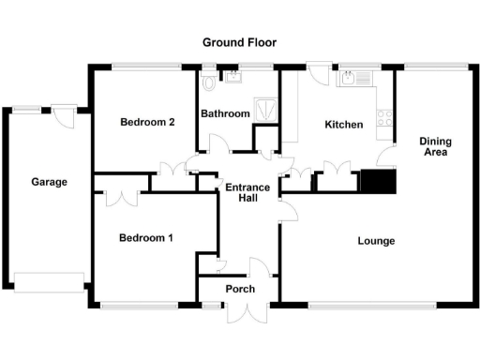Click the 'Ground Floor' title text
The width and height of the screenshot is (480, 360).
(240, 42)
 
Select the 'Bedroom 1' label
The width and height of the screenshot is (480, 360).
(145, 238)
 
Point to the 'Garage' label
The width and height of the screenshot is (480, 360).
(49, 182)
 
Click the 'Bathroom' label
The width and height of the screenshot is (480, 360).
(226, 114)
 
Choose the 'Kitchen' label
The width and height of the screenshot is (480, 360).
(343, 125)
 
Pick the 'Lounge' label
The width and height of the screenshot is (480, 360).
(376, 241)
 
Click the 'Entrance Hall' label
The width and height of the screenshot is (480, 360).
(248, 193)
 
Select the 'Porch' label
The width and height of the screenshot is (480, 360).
(240, 289)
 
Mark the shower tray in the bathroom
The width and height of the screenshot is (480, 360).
(267, 107)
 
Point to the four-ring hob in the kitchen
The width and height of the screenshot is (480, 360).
(383, 117)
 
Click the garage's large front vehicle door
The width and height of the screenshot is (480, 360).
(49, 279)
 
